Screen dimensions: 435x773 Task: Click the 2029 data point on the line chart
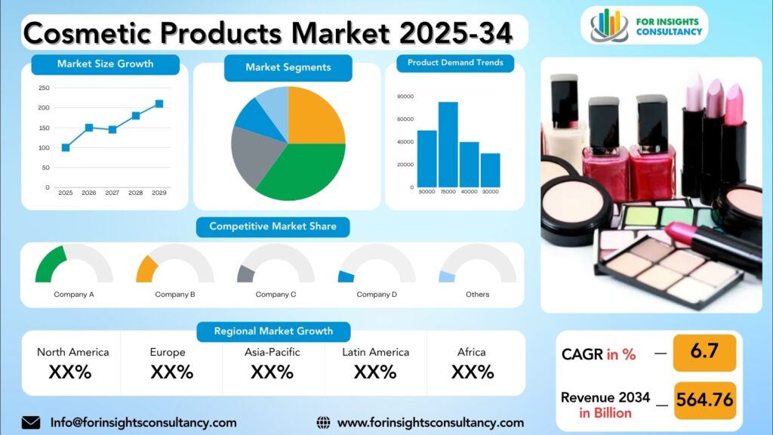pyautogui.click(x=159, y=104)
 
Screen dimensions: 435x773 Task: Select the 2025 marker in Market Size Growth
pyautogui.click(x=66, y=148)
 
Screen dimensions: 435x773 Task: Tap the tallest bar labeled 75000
pyautogui.click(x=448, y=144)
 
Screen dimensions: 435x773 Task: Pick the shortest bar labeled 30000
pyautogui.click(x=491, y=170)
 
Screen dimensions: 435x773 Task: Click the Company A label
pyautogui.click(x=74, y=295)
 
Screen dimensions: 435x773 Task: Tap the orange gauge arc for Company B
pyautogui.click(x=145, y=269)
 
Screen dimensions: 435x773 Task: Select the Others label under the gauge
pyautogui.click(x=477, y=295)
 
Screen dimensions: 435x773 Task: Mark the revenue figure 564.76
pyautogui.click(x=704, y=400)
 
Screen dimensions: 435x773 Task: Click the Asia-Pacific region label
pyautogui.click(x=273, y=352)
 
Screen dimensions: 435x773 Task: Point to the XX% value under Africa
pyautogui.click(x=473, y=372)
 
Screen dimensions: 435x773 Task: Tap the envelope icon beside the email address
pyautogui.click(x=31, y=422)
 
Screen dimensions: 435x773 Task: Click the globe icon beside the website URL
pyautogui.click(x=324, y=422)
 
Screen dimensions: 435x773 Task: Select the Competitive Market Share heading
pyautogui.click(x=273, y=227)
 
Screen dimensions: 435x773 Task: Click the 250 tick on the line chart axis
pyautogui.click(x=44, y=88)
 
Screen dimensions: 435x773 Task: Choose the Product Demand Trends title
pyautogui.click(x=455, y=63)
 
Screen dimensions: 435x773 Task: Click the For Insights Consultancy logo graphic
pyautogui.click(x=609, y=25)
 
